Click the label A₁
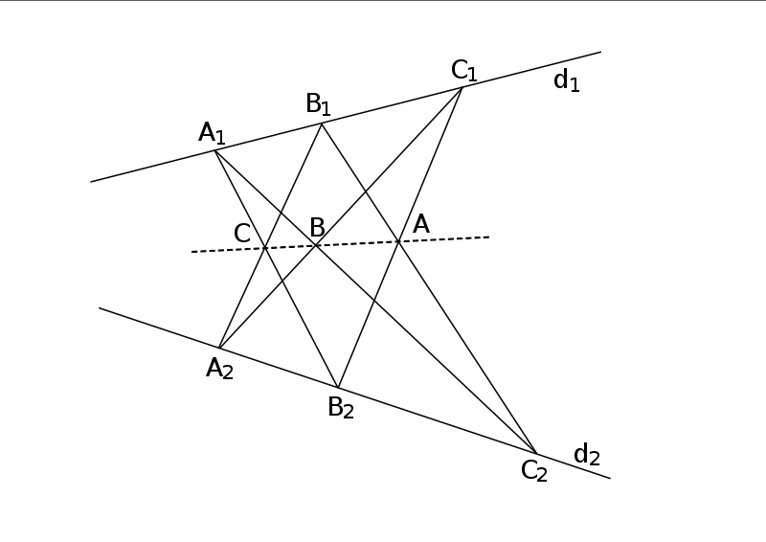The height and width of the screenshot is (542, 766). click(x=212, y=132)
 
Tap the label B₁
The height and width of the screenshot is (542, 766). click(x=319, y=103)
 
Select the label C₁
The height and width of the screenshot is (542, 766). click(x=464, y=70)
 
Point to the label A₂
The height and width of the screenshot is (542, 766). click(x=219, y=368)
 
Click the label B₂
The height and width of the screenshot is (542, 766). click(x=341, y=407)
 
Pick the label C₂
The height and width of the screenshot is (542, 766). click(x=534, y=470)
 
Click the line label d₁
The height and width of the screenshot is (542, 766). click(x=567, y=80)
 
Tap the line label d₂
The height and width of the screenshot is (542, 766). click(x=586, y=454)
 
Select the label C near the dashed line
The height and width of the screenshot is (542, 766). click(x=242, y=233)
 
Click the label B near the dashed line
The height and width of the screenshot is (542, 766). click(x=317, y=228)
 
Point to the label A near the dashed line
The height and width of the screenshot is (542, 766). click(x=420, y=224)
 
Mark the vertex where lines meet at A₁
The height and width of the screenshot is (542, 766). click(x=214, y=150)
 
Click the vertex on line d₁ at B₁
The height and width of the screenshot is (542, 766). click(x=322, y=124)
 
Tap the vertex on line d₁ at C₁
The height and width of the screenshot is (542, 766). click(x=462, y=87)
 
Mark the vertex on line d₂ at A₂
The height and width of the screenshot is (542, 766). click(x=219, y=348)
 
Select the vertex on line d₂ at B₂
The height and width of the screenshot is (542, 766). click(x=337, y=387)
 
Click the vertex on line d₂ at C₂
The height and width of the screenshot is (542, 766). click(x=536, y=453)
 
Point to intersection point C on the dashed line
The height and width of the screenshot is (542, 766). click(x=264, y=248)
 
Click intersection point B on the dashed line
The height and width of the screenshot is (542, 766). click(x=317, y=245)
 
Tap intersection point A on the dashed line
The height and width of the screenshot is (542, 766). click(x=398, y=240)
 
